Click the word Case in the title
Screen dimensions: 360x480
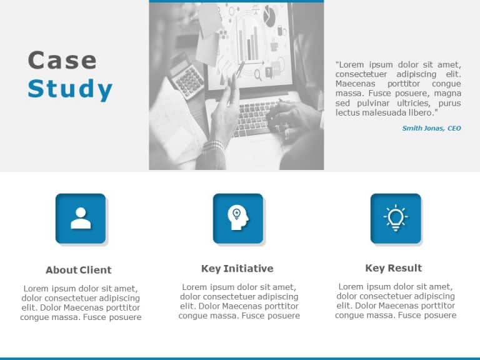pyautogui.click(x=62, y=61)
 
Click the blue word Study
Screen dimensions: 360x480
pyautogui.click(x=70, y=89)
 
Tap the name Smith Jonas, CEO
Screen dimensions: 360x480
pyautogui.click(x=431, y=128)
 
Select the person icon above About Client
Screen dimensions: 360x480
pyautogui.click(x=81, y=218)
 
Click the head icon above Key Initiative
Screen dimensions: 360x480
pyautogui.click(x=237, y=218)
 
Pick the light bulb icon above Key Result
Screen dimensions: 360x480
pyautogui.click(x=395, y=218)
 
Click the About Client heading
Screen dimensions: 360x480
pyautogui.click(x=78, y=270)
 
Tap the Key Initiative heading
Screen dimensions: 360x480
pyautogui.click(x=237, y=269)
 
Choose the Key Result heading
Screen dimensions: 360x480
pyautogui.click(x=393, y=268)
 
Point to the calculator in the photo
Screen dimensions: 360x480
pyautogui.click(x=186, y=76)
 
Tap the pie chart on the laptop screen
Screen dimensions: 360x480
pyautogui.click(x=270, y=12)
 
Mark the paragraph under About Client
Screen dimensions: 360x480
pyautogui.click(x=81, y=302)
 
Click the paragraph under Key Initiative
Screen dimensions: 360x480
pyautogui.click(x=239, y=301)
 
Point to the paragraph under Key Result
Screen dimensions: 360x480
pyautogui.click(x=395, y=301)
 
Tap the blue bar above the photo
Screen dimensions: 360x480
pyautogui.click(x=236, y=1)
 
